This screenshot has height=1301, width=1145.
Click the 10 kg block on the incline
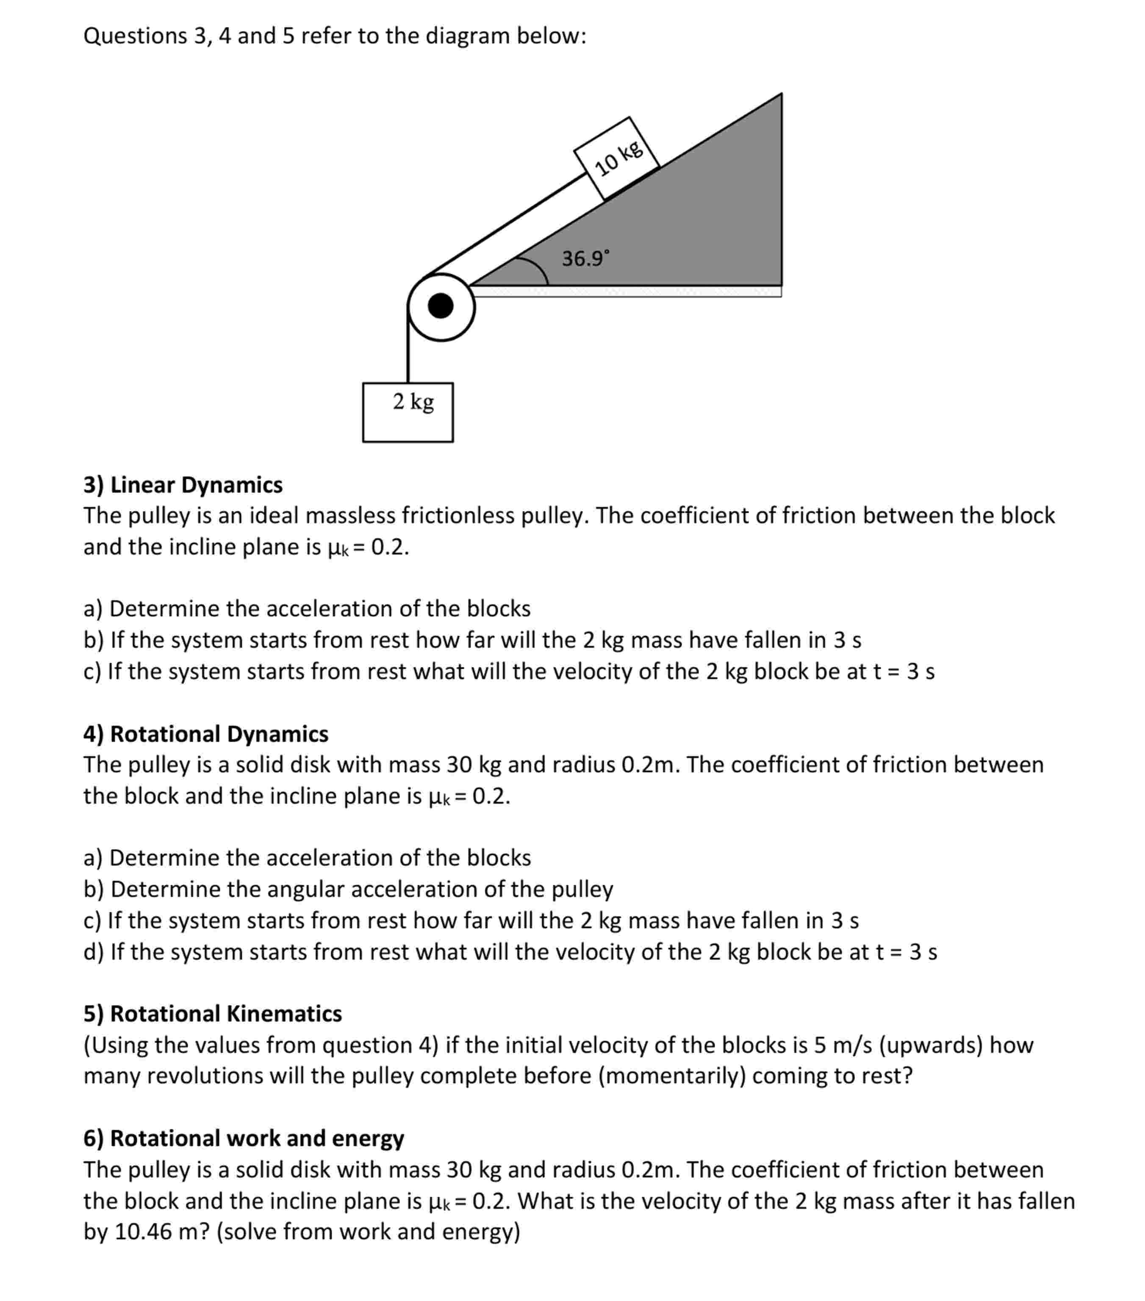[616, 158]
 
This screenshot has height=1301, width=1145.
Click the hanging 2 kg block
[408, 412]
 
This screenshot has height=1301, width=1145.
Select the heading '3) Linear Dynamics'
[183, 485]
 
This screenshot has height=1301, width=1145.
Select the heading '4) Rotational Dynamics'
[205, 734]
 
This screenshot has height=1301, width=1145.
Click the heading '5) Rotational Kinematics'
[213, 1013]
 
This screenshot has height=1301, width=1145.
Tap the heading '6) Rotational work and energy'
[244, 1138]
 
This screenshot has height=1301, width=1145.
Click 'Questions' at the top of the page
[135, 36]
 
